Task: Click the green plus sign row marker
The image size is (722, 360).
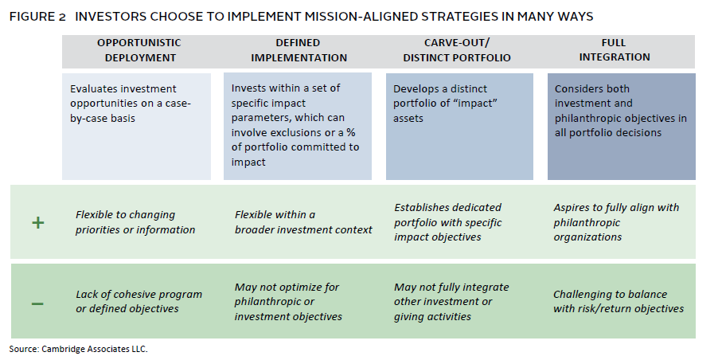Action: tap(37, 223)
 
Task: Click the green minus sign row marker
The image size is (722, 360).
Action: tap(37, 303)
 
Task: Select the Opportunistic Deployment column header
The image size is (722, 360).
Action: tap(139, 50)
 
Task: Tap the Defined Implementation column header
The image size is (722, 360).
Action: tap(299, 50)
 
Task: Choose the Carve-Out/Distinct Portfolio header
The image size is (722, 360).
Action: tap(457, 50)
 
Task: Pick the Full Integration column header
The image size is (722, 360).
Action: tap(615, 50)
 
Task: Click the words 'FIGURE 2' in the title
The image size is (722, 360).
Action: tap(38, 17)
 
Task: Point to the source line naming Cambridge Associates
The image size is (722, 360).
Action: tap(78, 349)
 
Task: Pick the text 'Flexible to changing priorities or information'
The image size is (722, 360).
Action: tap(135, 222)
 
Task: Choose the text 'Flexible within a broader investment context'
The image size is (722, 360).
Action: tap(303, 222)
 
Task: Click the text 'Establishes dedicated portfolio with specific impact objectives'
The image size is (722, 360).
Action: tap(448, 222)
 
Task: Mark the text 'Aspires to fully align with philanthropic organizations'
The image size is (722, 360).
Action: tap(616, 222)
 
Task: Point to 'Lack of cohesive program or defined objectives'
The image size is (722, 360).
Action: tap(139, 301)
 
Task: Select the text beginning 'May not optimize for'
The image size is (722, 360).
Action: tap(288, 301)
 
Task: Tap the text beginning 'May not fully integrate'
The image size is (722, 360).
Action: tap(451, 301)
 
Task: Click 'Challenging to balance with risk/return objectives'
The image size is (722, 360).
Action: tap(619, 301)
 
